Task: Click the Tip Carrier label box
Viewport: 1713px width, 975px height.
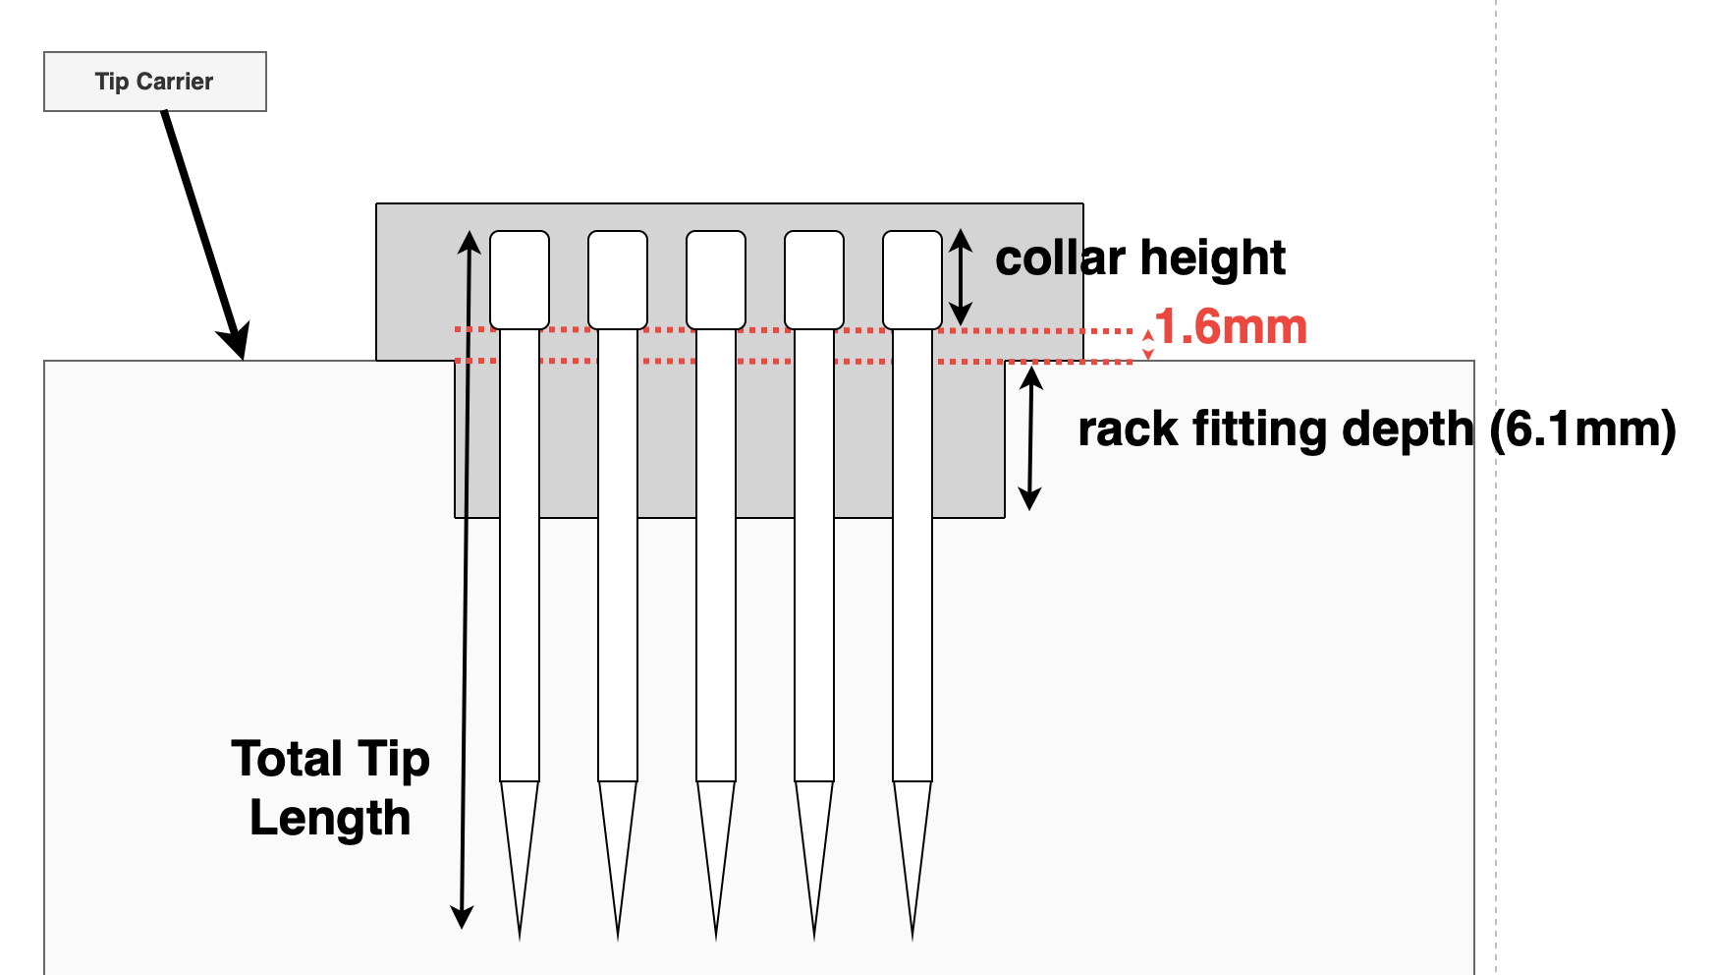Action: point(155,82)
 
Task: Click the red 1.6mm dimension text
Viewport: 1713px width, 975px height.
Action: point(1232,327)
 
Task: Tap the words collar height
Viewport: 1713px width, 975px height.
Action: point(1140,258)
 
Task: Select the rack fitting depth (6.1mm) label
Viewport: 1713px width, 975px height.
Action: point(1377,430)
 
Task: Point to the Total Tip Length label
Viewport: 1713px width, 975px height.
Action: point(331,788)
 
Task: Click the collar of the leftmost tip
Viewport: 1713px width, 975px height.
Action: point(520,280)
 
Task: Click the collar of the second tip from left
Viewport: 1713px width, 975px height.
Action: point(618,280)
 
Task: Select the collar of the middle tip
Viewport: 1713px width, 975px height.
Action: point(716,280)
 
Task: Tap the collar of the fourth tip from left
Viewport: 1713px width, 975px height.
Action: point(814,280)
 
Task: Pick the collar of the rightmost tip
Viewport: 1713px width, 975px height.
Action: point(912,280)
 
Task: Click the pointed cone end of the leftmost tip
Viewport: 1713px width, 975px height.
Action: point(520,855)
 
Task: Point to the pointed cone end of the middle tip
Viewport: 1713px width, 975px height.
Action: point(716,855)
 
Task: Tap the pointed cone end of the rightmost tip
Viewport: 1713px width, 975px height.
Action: point(912,855)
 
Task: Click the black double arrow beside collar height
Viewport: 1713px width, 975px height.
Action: point(961,277)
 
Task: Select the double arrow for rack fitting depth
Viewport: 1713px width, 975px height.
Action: point(1030,437)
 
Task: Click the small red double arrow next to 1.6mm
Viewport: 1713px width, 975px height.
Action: point(1147,345)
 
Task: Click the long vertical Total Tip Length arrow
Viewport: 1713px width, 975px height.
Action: point(467,580)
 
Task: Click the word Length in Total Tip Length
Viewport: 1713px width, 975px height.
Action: point(331,818)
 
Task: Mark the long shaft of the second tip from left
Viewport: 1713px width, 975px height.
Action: point(618,555)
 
